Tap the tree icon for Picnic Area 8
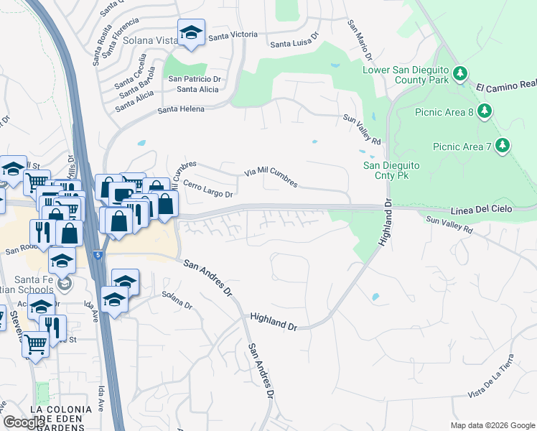(485, 111)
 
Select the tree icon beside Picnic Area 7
(502, 146)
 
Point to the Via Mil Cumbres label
(271, 177)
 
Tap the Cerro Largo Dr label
(208, 189)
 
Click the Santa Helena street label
(181, 109)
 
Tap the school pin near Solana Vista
(191, 33)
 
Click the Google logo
(24, 422)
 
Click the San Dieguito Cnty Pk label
(391, 170)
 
